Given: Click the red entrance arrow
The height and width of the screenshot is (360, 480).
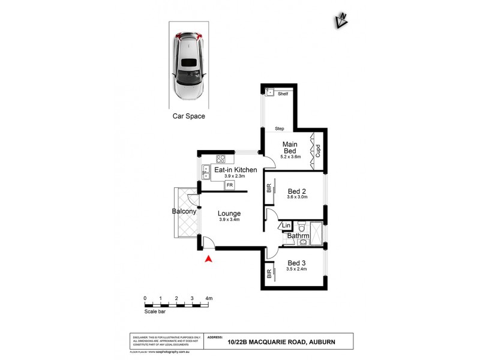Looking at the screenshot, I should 208,259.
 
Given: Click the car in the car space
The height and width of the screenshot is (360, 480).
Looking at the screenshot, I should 188,66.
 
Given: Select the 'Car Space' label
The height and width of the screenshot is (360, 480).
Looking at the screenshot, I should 188,116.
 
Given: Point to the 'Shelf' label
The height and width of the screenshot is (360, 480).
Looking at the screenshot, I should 283,94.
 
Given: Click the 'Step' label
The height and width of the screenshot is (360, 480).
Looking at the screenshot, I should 279,129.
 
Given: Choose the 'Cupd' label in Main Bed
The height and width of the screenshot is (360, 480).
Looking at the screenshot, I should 318,149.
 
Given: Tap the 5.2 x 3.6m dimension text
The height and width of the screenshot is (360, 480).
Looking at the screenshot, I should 291,157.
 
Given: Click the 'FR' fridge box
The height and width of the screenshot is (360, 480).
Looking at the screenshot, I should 229,185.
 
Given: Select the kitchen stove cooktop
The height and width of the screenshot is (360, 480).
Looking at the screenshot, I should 221,160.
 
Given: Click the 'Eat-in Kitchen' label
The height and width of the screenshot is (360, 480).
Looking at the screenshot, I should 236,170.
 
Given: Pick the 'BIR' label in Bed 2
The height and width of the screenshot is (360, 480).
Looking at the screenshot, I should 269,188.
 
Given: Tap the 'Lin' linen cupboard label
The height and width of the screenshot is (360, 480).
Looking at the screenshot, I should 286,226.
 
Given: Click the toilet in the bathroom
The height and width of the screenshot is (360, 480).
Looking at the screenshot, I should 302,227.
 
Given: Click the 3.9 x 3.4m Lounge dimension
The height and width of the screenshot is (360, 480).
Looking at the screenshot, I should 230,220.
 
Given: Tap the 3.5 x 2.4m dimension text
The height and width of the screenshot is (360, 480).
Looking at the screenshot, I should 297,269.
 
